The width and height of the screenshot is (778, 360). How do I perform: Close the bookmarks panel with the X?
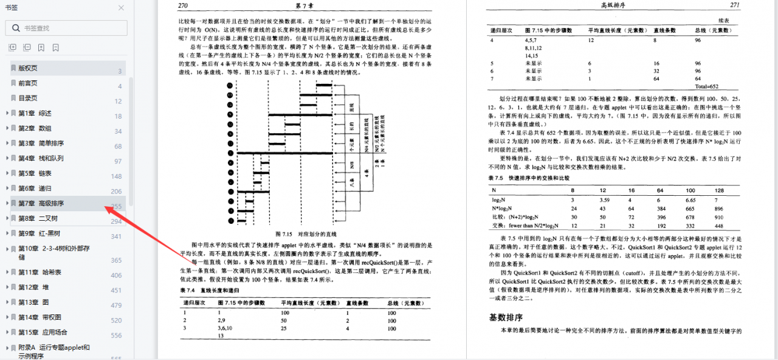point(121,8)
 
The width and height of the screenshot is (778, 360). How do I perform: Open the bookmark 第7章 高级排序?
point(41,204)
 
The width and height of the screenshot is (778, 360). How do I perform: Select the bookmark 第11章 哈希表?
point(40,272)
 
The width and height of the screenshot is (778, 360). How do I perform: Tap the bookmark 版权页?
point(27,68)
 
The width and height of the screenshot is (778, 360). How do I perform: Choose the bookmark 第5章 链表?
point(35,173)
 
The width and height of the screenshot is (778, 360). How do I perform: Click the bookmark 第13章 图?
point(33,302)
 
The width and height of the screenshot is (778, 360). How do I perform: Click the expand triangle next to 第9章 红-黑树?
point(7,234)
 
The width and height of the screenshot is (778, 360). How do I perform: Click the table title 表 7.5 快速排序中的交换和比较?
point(531,178)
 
